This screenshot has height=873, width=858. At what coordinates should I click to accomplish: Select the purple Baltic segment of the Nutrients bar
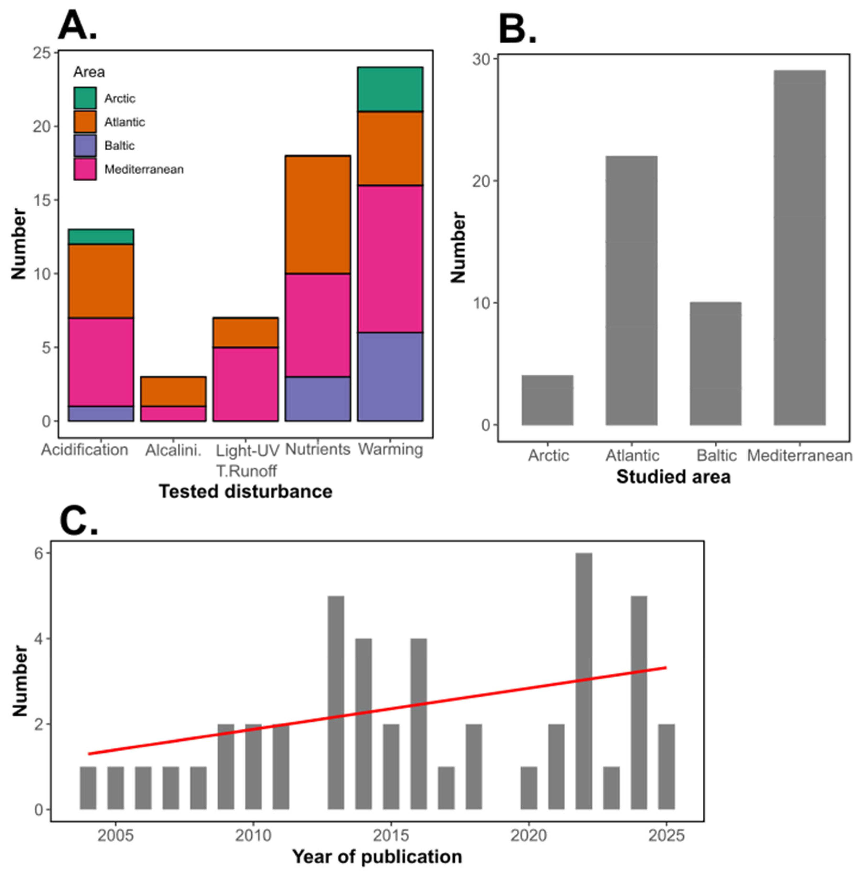pyautogui.click(x=318, y=399)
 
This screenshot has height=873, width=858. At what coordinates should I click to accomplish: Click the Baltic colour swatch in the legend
pyautogui.click(x=85, y=145)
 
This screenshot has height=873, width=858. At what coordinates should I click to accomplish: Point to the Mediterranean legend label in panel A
pyautogui.click(x=144, y=169)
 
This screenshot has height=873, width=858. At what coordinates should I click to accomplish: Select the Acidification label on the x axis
pyautogui.click(x=85, y=450)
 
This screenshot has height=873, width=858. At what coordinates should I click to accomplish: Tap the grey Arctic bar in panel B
pyautogui.click(x=547, y=400)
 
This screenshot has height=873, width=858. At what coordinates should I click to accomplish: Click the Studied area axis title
pyautogui.click(x=673, y=477)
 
